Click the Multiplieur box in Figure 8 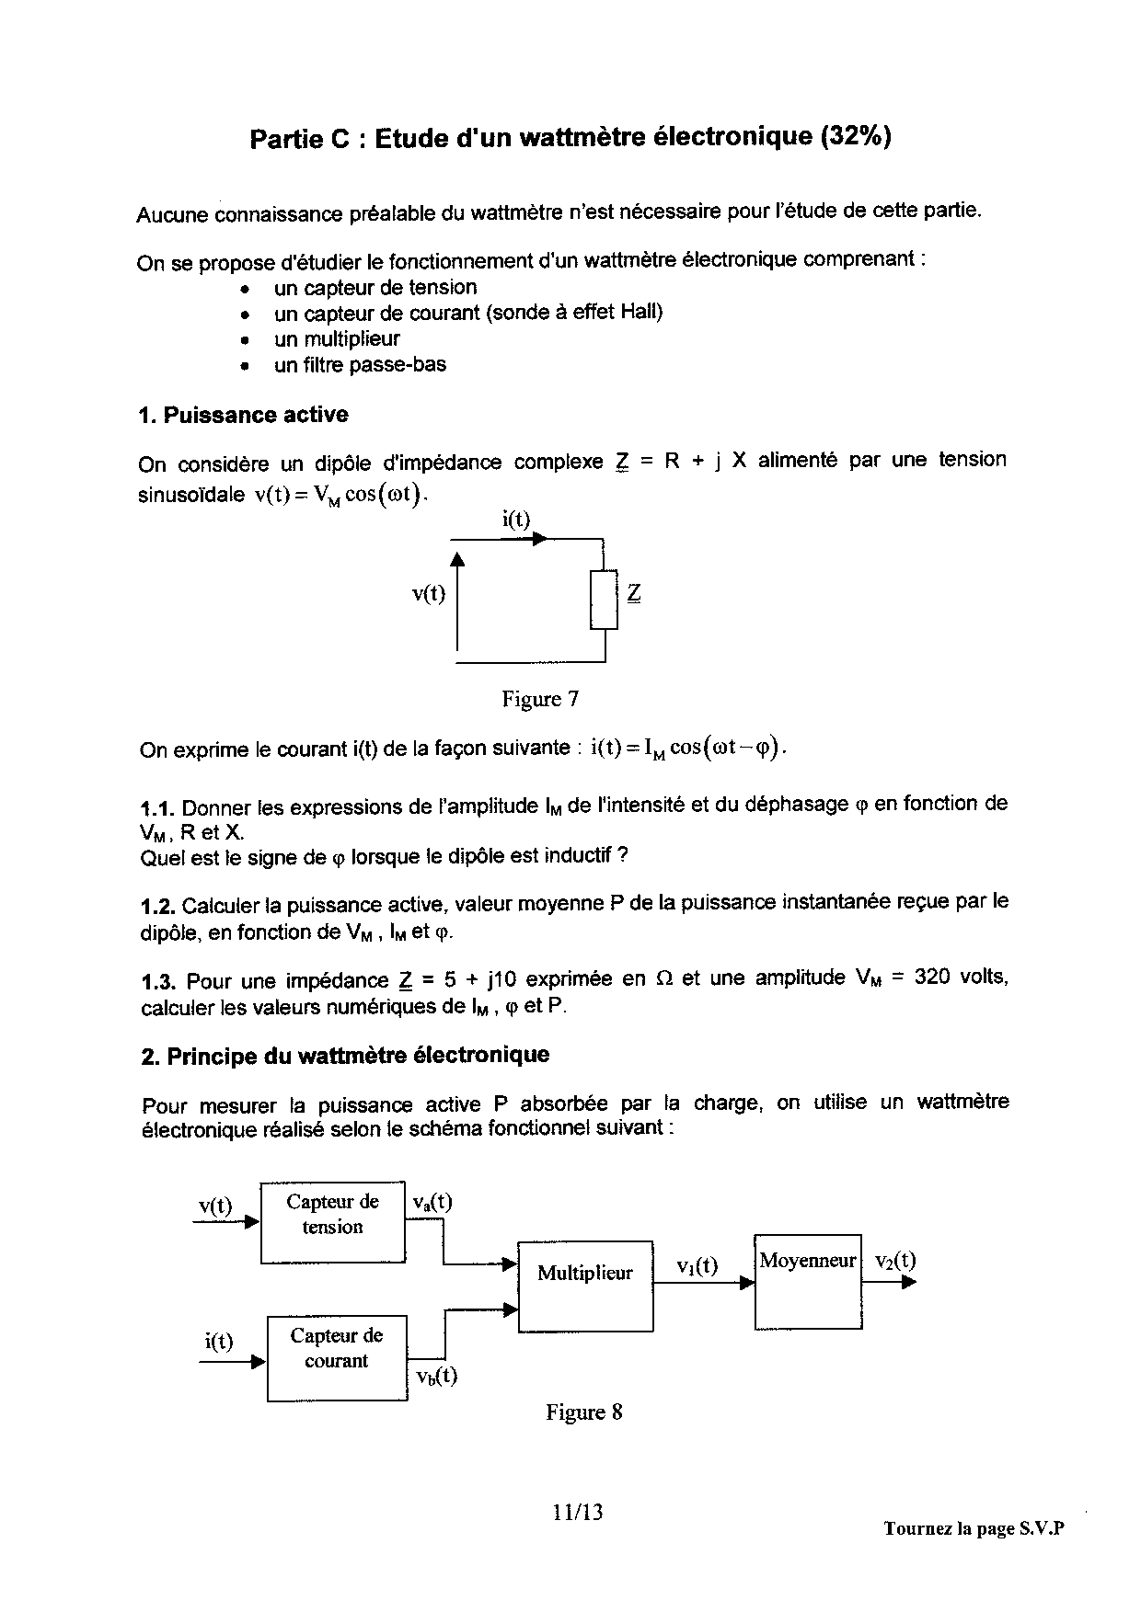[x=585, y=1286]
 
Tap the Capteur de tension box [x=333, y=1223]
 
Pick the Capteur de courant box [x=337, y=1357]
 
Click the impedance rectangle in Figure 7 [x=605, y=599]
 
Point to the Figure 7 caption [x=540, y=700]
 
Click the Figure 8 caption [x=583, y=1412]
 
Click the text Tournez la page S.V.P [x=973, y=1528]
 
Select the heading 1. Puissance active [x=243, y=415]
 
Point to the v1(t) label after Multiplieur [x=697, y=1266]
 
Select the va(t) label [x=432, y=1202]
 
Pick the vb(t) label [x=436, y=1377]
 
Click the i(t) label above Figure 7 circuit [x=516, y=520]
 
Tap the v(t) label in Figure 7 [x=429, y=594]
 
